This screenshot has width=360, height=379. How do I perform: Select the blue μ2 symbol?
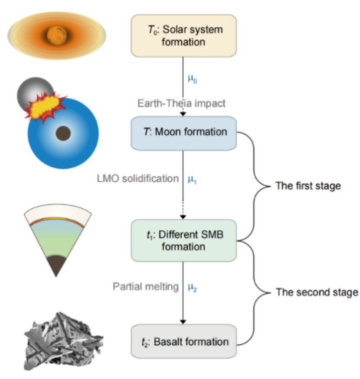(193, 287)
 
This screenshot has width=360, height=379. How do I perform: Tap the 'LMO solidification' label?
(138, 178)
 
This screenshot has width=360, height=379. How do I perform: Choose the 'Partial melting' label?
(146, 286)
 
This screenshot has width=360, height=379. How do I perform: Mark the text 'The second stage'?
(317, 292)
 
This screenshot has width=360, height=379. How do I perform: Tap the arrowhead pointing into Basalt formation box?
(183, 321)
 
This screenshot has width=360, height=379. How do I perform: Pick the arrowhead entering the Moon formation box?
(183, 114)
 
